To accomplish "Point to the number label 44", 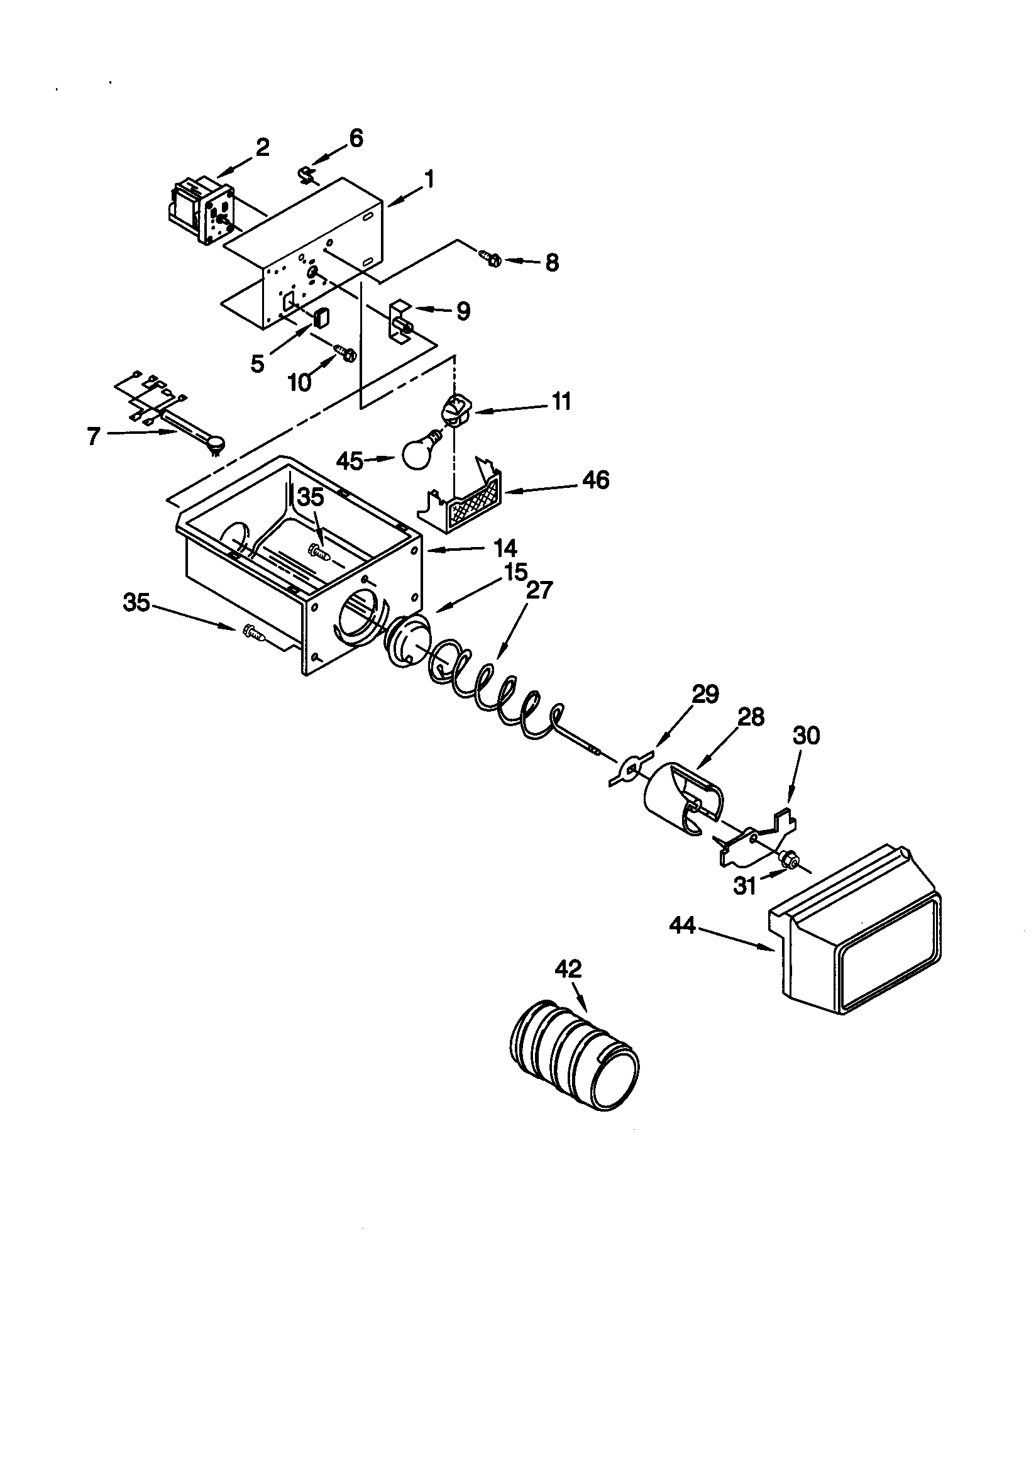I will pyautogui.click(x=683, y=925).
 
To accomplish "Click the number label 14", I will pyautogui.click(x=505, y=548).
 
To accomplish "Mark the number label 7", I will pyautogui.click(x=94, y=436).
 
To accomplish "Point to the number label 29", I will pyautogui.click(x=705, y=694).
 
